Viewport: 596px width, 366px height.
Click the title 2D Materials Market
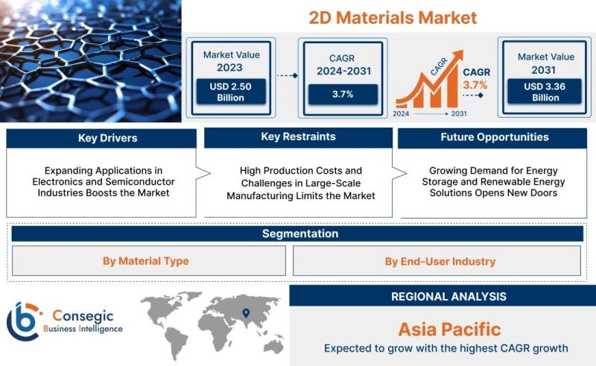[393, 17]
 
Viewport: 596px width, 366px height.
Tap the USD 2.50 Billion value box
[231, 92]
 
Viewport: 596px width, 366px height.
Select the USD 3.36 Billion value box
[545, 92]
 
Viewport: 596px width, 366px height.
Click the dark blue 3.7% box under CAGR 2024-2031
[343, 95]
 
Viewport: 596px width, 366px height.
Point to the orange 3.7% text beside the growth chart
[475, 85]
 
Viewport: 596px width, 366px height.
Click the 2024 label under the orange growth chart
[401, 113]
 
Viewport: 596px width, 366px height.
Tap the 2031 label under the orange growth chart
[459, 113]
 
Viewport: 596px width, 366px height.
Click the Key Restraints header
[299, 137]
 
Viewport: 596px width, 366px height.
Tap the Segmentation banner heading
[300, 233]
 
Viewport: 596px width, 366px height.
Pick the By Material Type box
[148, 261]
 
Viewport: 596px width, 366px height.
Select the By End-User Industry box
[437, 261]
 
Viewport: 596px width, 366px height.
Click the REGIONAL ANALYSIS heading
[449, 297]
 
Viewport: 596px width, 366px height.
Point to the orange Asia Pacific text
[450, 329]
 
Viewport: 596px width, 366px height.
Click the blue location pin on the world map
[246, 313]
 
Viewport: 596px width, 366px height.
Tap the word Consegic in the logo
[83, 316]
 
